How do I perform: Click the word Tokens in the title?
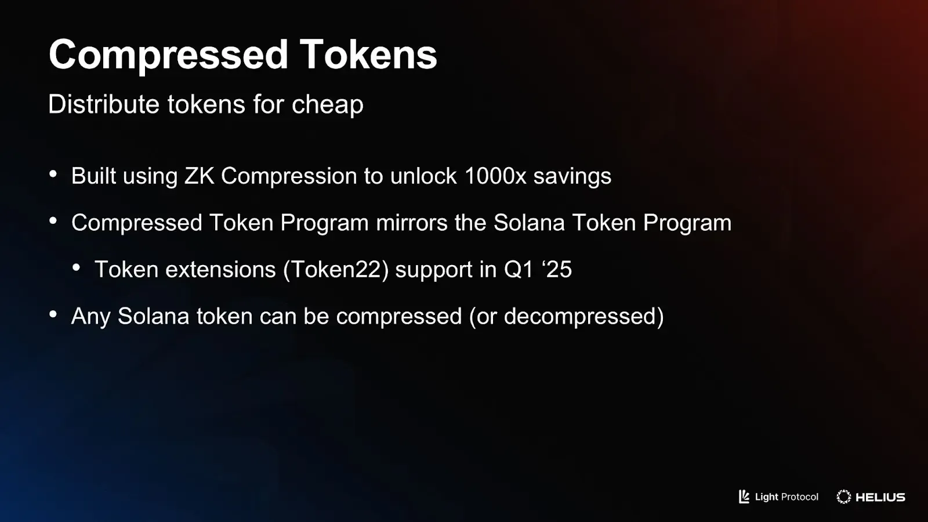coord(368,55)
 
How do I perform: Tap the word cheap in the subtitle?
coord(327,104)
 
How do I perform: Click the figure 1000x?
coord(495,176)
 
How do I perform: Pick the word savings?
coord(572,176)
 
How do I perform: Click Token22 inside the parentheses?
coord(336,270)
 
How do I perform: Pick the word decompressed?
coord(580,317)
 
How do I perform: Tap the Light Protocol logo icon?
coord(744,496)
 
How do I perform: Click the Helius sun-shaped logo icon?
coord(844,496)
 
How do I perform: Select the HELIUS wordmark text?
coord(880,497)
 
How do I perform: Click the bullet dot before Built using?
coord(53,174)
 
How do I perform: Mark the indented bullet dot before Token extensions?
coord(77,267)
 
